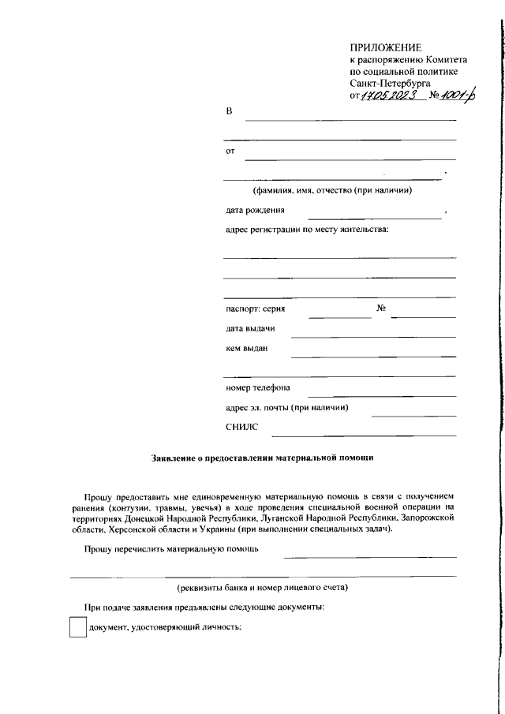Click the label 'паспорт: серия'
(256, 309)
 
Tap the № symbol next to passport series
(380, 308)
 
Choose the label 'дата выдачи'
(250, 328)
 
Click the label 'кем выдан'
(247, 348)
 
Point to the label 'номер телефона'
(258, 388)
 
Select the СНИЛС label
(241, 427)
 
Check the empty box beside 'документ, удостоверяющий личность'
(77, 627)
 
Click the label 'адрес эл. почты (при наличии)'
(287, 408)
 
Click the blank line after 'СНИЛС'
(363, 434)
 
